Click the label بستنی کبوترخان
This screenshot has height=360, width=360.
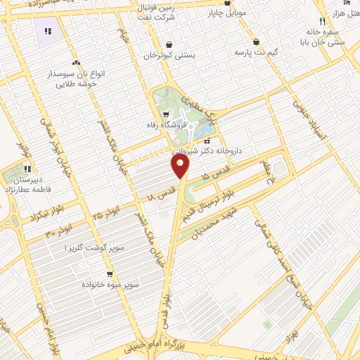tap(170, 55)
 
